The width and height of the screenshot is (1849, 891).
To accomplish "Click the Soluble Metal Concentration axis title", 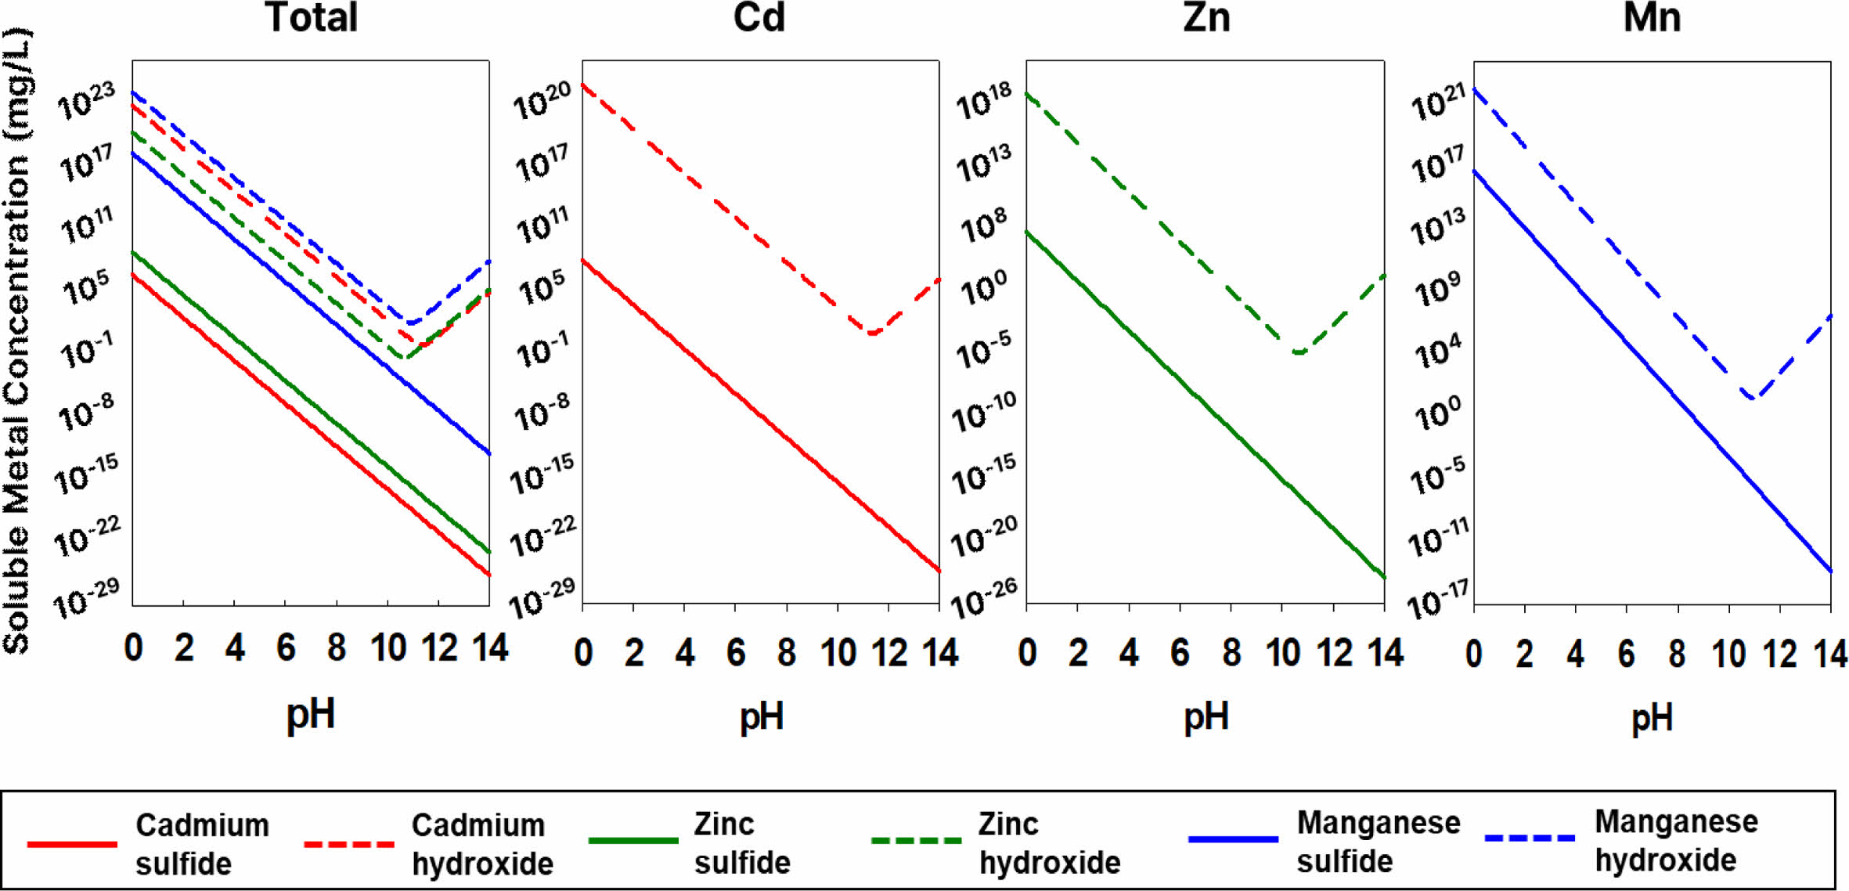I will click(17, 341).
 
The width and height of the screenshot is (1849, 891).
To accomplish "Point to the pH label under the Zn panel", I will click(1206, 716).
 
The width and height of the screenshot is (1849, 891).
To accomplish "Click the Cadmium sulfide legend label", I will click(202, 844).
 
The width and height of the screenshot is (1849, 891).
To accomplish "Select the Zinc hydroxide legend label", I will click(1049, 843).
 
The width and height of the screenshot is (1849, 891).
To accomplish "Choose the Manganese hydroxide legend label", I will click(1676, 841).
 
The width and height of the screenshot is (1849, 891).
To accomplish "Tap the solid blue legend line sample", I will click(1233, 839).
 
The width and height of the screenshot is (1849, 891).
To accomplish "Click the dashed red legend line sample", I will click(349, 844).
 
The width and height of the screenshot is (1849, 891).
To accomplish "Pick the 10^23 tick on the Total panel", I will click(87, 102).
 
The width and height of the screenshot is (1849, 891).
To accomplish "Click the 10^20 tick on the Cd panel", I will click(542, 102).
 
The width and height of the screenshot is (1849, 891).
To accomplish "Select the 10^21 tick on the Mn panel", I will click(1438, 103).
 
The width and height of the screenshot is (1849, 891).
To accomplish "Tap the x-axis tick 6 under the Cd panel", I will click(736, 653).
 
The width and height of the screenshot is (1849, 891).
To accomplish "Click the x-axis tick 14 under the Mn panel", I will click(1830, 654).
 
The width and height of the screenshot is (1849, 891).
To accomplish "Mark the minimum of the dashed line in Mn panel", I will click(1751, 398).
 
